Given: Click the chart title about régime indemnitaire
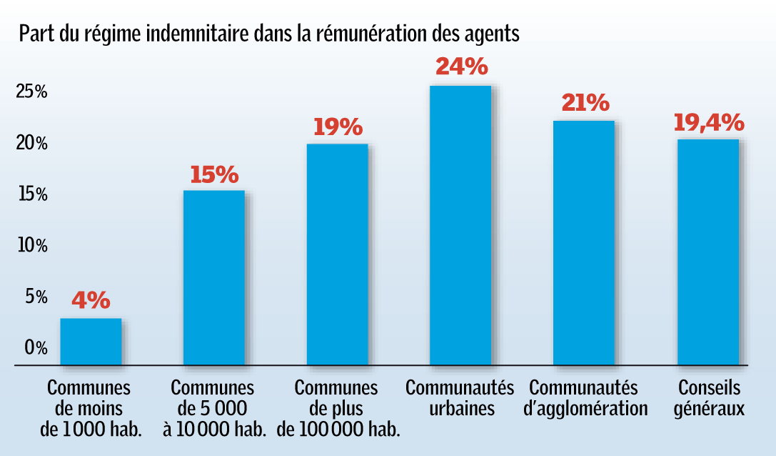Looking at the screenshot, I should [x=268, y=34].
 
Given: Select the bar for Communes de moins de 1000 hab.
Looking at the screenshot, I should [x=91, y=342].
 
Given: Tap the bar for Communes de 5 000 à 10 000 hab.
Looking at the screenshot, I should [x=214, y=277].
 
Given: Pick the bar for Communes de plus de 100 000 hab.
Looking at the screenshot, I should [x=337, y=254].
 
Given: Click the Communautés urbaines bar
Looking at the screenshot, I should [x=460, y=225].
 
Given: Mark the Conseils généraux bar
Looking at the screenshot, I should [x=707, y=252].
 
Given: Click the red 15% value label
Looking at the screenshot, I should [x=214, y=174].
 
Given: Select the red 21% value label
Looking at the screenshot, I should [x=585, y=103].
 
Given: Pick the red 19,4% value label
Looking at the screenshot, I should [x=708, y=123].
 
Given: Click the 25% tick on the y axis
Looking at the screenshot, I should [x=32, y=92].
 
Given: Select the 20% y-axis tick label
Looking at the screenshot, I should [x=32, y=144].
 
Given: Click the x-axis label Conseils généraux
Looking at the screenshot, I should [x=710, y=399].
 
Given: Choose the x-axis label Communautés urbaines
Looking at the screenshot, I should [x=460, y=399].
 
